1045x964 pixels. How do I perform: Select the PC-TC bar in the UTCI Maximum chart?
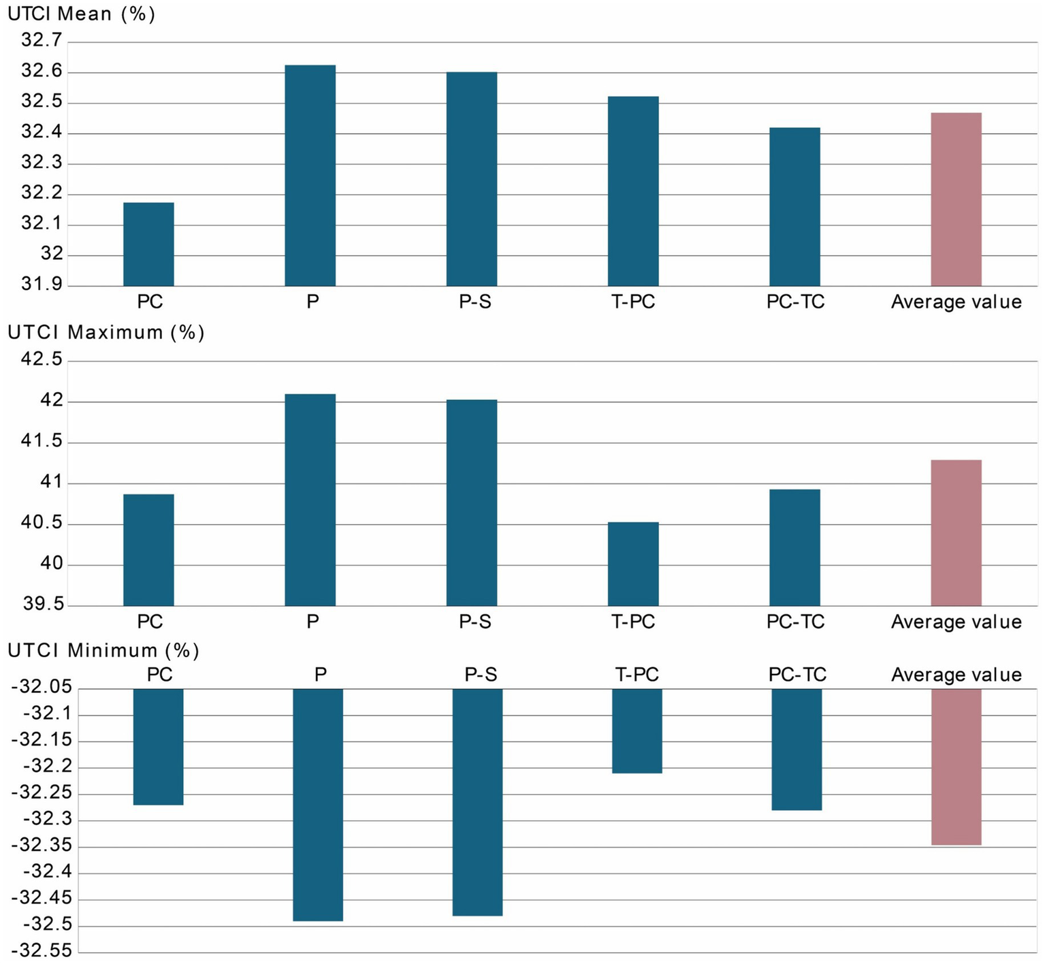(794, 547)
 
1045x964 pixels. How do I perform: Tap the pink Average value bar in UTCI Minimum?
(956, 767)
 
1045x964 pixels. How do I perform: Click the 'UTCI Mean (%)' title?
(81, 14)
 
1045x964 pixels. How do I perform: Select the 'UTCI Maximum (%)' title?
(106, 332)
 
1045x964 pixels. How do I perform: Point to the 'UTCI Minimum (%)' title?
(103, 650)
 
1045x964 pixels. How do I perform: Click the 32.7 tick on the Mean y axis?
(41, 41)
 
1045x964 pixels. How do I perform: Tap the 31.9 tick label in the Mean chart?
(41, 284)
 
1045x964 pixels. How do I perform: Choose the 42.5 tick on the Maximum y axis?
(41, 359)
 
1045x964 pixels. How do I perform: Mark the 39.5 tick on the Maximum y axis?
(41, 604)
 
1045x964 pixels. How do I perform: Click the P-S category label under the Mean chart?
(475, 302)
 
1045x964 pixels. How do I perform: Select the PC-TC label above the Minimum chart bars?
(797, 674)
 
